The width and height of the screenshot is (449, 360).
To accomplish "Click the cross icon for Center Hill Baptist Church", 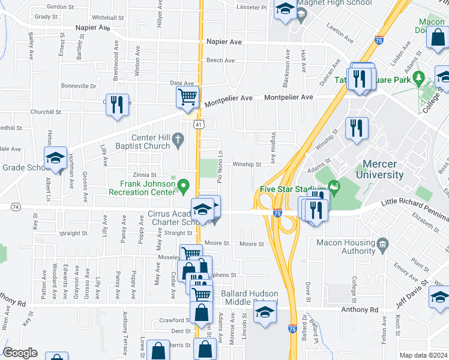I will click(178, 141).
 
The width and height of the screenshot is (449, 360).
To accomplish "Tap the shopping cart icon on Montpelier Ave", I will click(188, 97).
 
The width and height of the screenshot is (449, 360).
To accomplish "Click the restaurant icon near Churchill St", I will click(116, 105).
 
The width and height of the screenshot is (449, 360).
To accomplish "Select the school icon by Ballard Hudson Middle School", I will click(264, 312).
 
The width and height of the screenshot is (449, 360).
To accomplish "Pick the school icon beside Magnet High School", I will click(285, 8).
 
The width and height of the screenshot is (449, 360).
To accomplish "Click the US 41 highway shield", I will click(199, 123).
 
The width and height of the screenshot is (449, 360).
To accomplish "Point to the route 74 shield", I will click(15, 206).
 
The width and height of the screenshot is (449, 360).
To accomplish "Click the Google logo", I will click(20, 353).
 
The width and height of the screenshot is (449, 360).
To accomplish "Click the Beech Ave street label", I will click(220, 61).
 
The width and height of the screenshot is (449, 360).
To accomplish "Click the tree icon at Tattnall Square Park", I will click(420, 77).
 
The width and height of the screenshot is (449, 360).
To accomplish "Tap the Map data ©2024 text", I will click(423, 355).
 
